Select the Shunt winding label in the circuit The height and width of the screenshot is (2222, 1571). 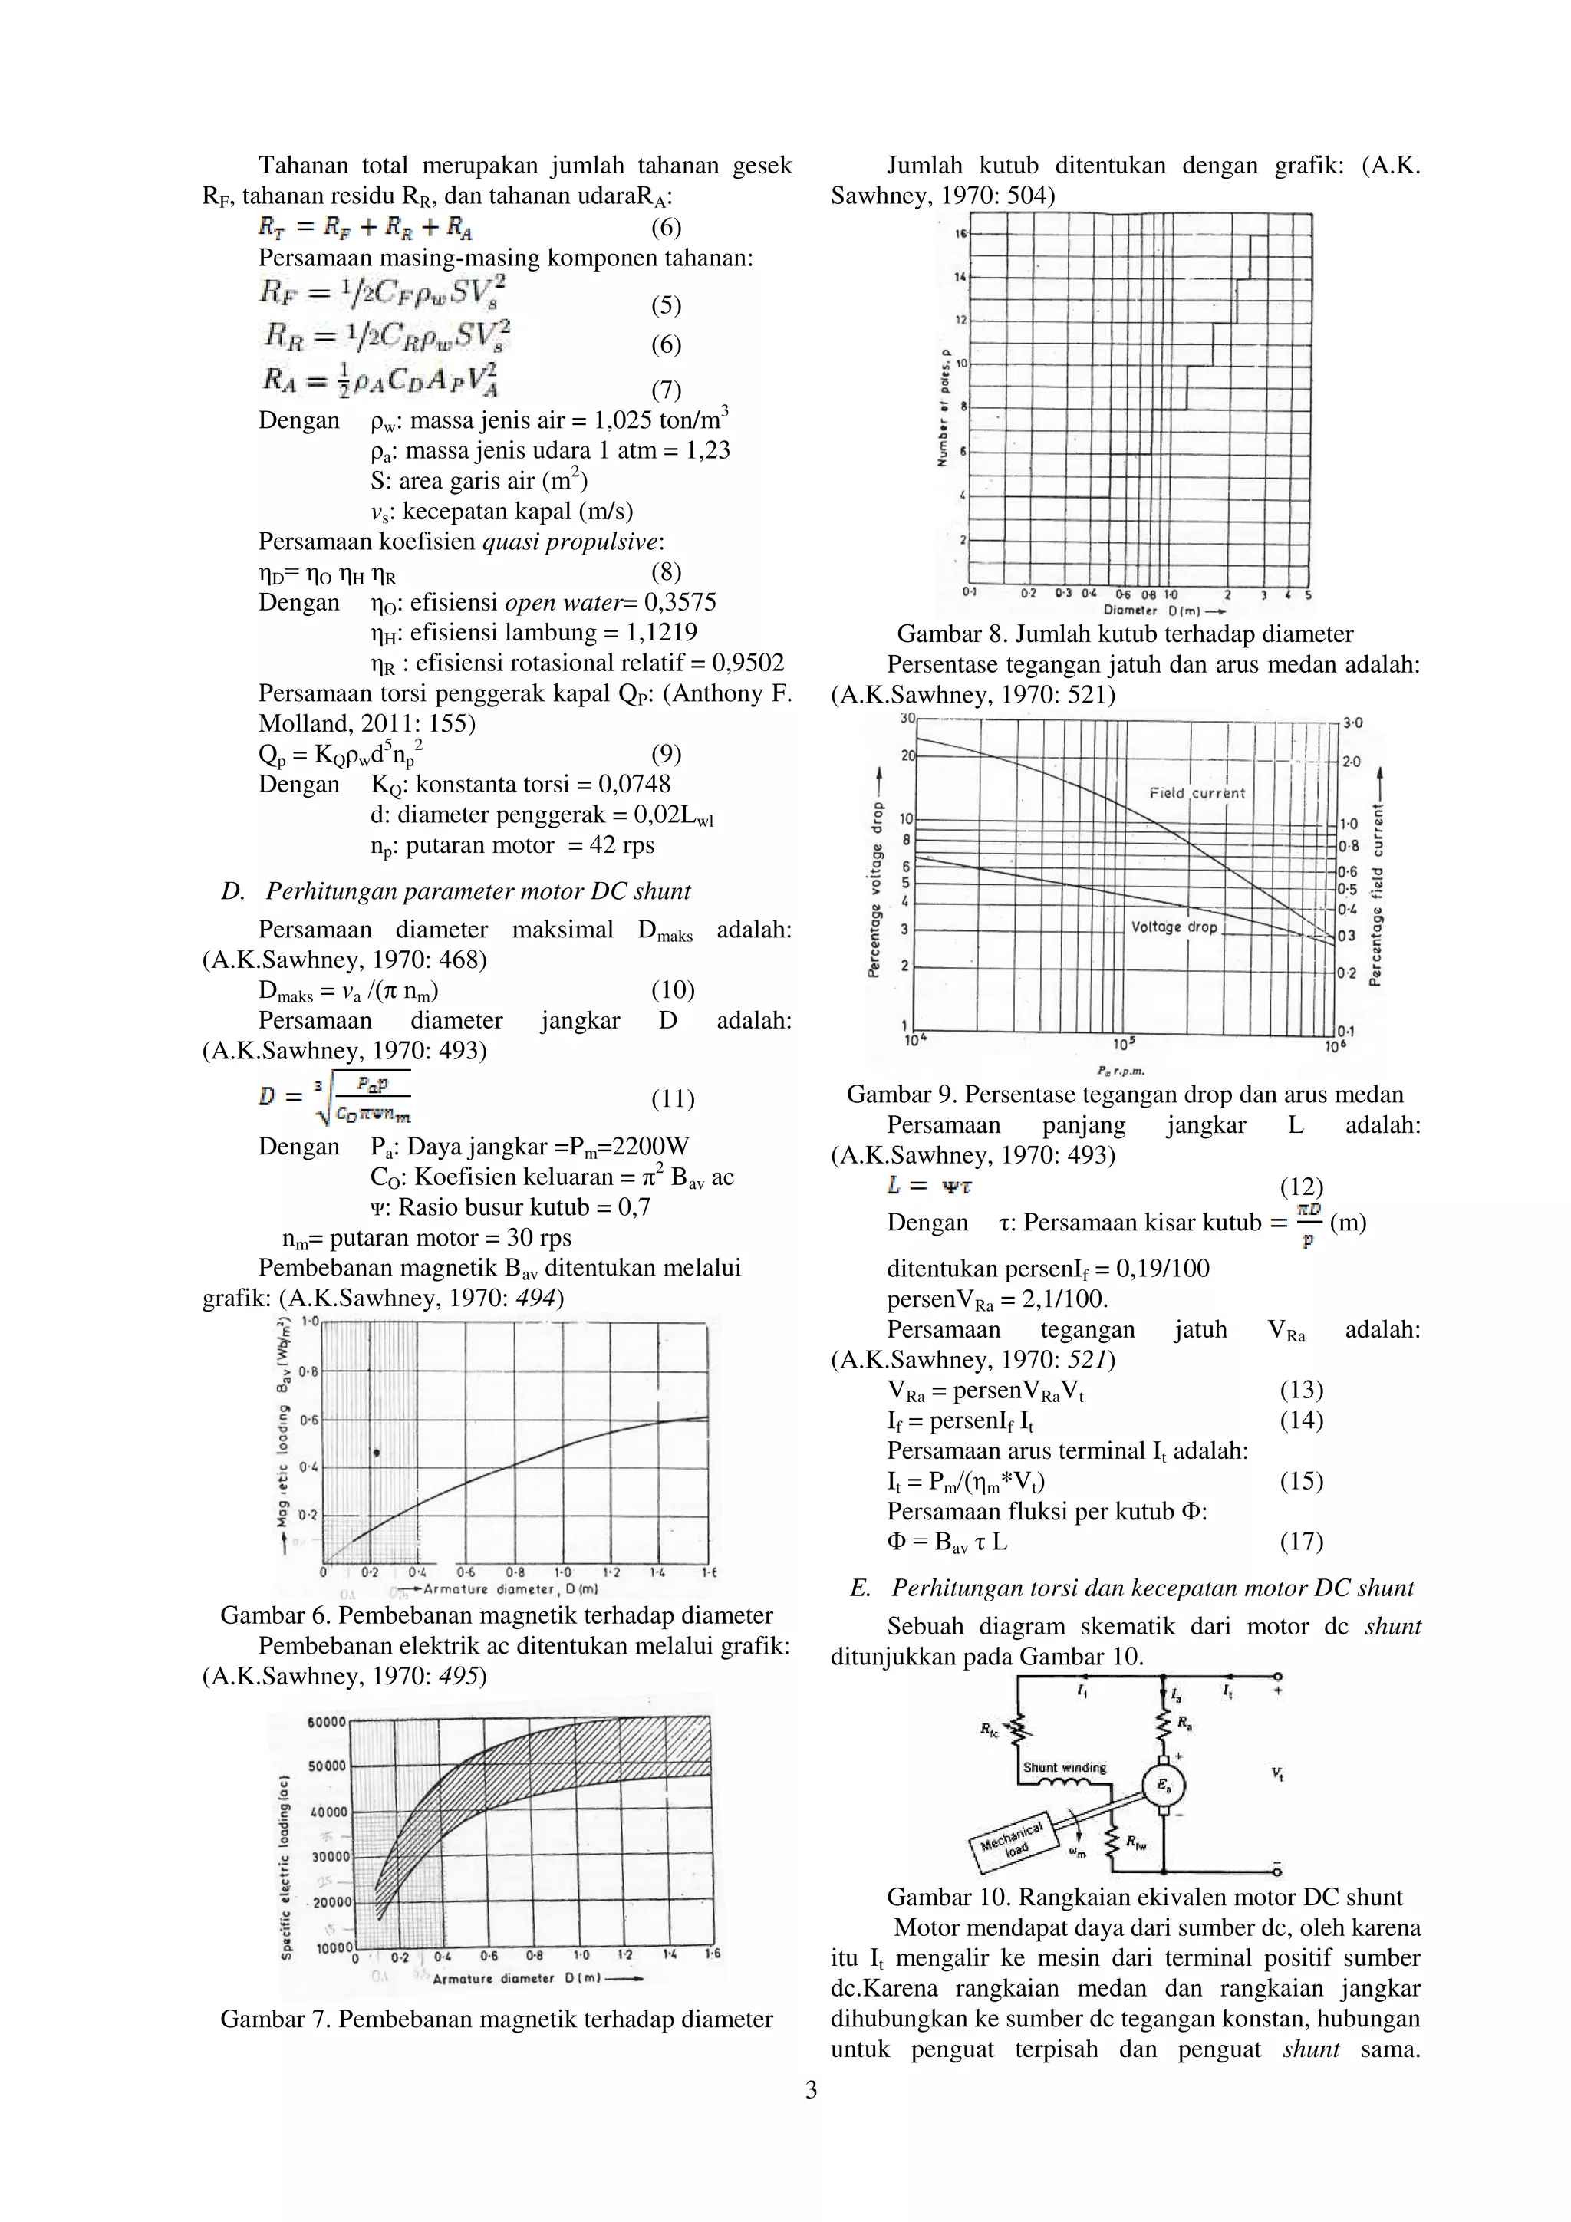(x=1065, y=1767)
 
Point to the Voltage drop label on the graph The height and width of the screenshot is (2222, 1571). (x=1171, y=927)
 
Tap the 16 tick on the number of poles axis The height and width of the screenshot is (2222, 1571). (x=960, y=234)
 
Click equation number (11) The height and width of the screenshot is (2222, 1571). (x=672, y=1098)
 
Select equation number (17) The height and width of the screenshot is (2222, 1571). (x=1301, y=1541)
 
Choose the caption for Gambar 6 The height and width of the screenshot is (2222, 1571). (x=496, y=1615)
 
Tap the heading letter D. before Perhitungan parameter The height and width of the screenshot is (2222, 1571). (x=232, y=891)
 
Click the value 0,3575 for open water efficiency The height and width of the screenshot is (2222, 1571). (x=681, y=602)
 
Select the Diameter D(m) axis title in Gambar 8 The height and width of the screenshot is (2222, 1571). (x=1156, y=611)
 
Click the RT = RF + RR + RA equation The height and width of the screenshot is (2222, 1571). (x=365, y=228)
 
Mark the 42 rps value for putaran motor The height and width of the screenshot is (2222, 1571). (x=624, y=845)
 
